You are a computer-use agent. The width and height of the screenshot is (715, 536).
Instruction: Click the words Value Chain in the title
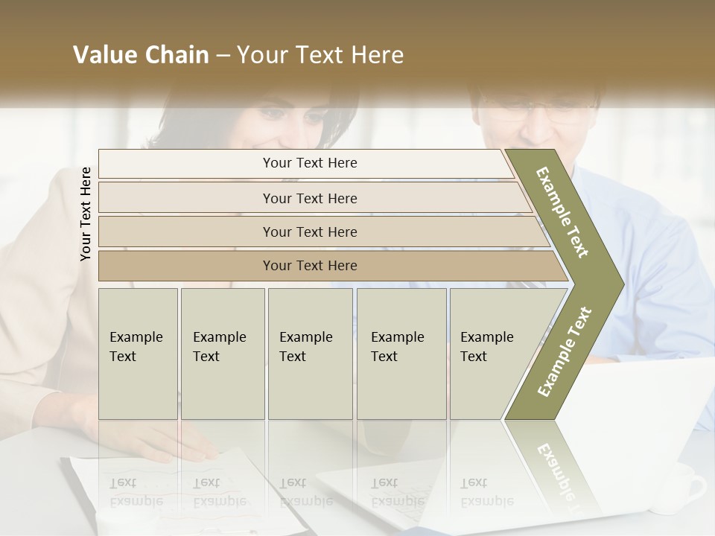[x=141, y=55]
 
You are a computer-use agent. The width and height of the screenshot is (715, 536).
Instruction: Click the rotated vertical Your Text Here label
[x=86, y=214]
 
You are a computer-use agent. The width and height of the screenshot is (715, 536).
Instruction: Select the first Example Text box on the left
[x=138, y=354]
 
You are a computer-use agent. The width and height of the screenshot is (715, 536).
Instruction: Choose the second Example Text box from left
[x=223, y=354]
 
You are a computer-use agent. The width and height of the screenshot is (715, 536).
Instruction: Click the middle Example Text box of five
[x=310, y=354]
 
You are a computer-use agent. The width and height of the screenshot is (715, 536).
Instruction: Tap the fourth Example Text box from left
[x=401, y=354]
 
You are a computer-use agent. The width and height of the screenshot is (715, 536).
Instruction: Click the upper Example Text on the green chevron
[x=563, y=212]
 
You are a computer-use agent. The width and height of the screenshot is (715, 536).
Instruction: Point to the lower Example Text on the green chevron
[x=565, y=352]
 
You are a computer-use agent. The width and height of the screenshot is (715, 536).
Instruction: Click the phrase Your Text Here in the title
[x=320, y=55]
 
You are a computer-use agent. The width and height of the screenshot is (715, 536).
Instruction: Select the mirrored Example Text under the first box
[x=136, y=491]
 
